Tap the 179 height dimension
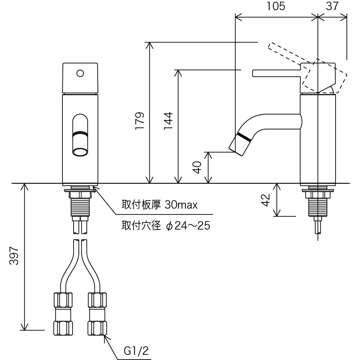(140, 121)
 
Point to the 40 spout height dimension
(197, 167)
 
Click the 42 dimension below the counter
(266, 200)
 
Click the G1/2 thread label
(136, 350)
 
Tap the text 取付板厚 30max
(159, 205)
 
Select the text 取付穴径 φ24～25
(166, 226)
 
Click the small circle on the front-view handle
(80, 73)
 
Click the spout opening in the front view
(80, 152)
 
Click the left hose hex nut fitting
(63, 314)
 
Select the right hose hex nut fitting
(97, 314)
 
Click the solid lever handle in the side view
(276, 73)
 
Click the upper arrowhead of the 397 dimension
(24, 187)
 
